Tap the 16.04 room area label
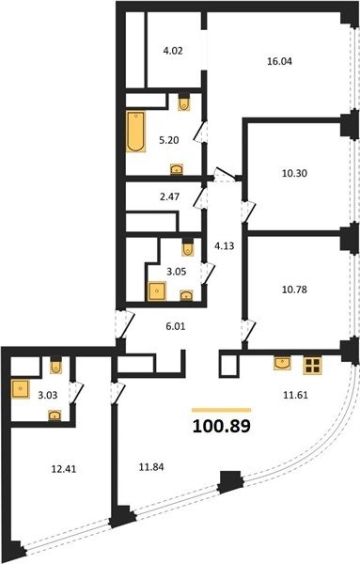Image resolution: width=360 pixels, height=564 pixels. coord(279,61)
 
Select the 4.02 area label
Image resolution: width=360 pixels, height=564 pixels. coord(173,51)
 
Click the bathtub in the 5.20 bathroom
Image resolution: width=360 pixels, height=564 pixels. coord(136,132)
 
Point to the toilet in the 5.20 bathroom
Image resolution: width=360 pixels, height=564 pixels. coord(184,102)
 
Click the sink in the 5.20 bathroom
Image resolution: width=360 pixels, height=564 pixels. coord(176,168)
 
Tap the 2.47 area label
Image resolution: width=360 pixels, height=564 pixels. coord(170,197)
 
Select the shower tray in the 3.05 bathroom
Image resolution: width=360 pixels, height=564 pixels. coord(156,291)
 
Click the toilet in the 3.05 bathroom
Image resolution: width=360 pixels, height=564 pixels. coord(188,248)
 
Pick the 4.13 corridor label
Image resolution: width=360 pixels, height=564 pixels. coord(224,246)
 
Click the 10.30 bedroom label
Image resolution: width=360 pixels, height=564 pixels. coord(294,174)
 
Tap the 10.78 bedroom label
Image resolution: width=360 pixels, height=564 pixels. coord(294,290)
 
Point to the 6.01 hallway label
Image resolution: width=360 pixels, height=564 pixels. coord(176,326)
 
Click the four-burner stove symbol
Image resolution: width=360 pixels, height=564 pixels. coord(312,366)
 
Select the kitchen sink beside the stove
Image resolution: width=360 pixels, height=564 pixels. coord(283,363)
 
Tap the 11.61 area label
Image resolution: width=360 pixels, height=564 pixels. coord(295,396)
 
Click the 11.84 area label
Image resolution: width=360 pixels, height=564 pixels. coord(151,467)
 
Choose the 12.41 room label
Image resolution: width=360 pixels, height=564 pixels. coord(64,469)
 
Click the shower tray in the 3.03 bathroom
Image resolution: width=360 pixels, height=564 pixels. coord(20,389)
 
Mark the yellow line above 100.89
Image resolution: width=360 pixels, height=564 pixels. coord(222,410)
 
